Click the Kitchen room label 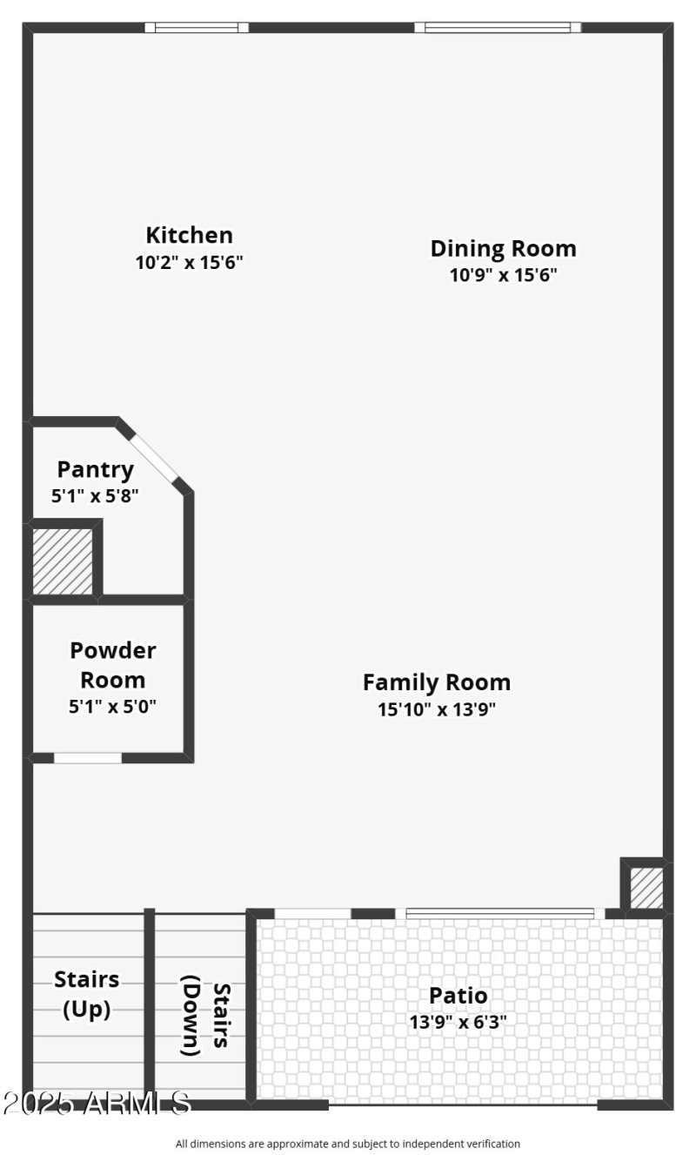coord(189,235)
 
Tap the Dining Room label coord(503,248)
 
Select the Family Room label coord(437,682)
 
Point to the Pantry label coord(96,469)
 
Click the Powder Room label coord(113,664)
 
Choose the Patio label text coord(458,995)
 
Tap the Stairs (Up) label coord(87,993)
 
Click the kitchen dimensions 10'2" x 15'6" coord(189,262)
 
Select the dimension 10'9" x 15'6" coord(503,275)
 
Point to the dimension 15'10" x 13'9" coord(437,708)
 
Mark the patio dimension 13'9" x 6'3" coord(458,1022)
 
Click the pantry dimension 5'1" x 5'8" coord(96,496)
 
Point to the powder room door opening coord(88,758)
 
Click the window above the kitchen coord(196,28)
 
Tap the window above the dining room coord(498,28)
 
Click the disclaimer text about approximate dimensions coord(348,1143)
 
